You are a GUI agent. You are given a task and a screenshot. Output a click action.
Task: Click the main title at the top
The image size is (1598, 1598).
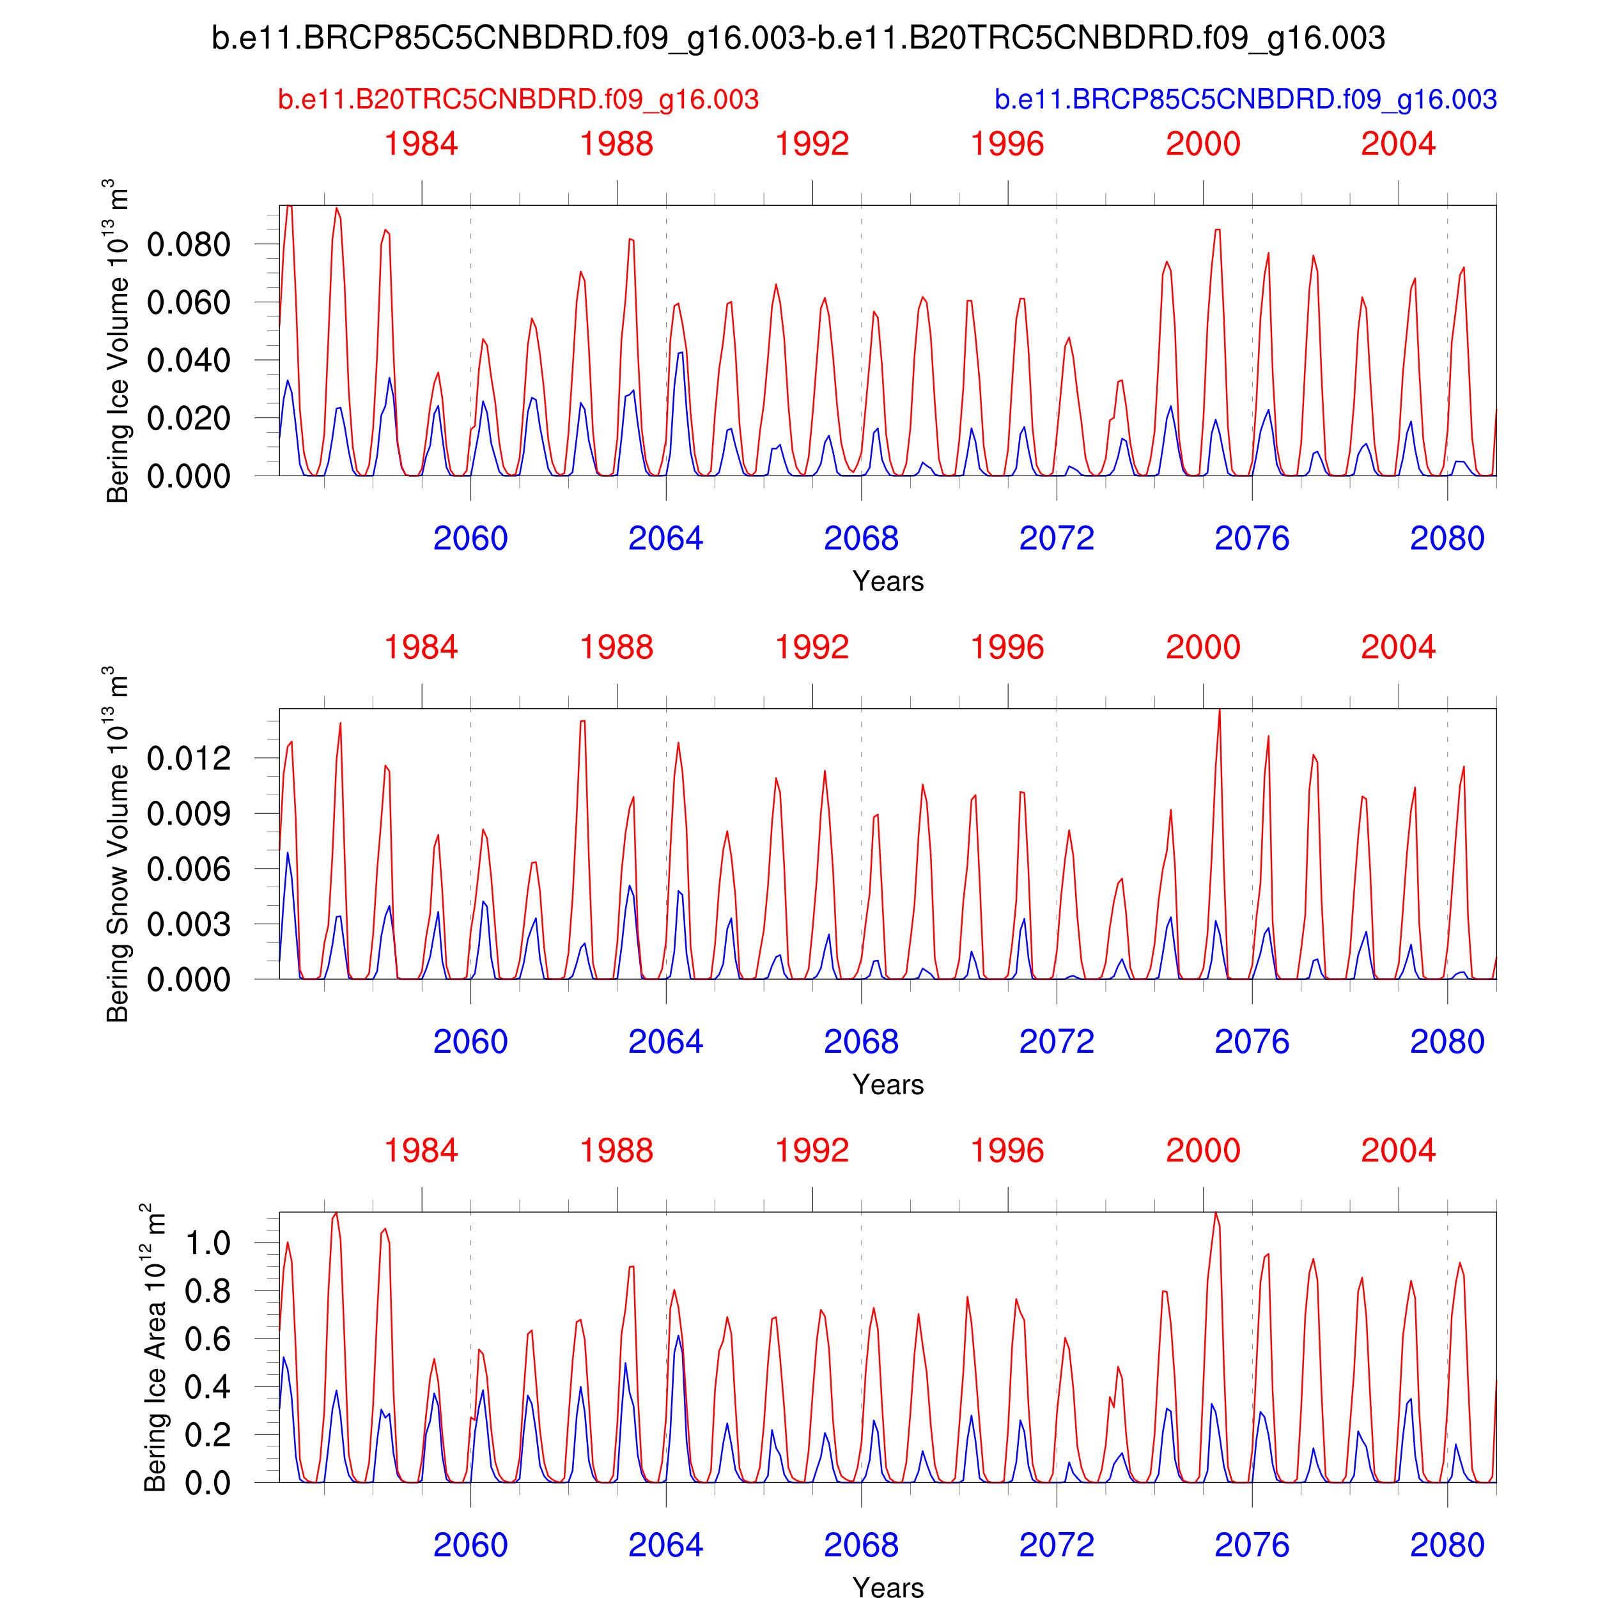coord(798,38)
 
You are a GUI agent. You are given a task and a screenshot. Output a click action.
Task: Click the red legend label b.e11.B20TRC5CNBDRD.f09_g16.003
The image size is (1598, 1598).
coord(518,99)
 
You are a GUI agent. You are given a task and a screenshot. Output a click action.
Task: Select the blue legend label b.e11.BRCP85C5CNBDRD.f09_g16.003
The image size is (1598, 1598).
coord(1245,99)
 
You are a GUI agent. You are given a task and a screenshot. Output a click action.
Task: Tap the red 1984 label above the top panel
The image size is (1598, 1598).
coord(421,144)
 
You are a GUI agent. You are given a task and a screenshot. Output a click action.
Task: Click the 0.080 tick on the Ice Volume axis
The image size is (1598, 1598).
coord(189,245)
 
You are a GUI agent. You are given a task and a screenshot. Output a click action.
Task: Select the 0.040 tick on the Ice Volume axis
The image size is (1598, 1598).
coord(189,361)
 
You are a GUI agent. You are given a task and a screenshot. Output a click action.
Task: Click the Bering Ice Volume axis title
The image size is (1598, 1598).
coord(116,341)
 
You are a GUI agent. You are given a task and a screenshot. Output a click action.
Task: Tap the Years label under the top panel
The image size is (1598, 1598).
coord(887,582)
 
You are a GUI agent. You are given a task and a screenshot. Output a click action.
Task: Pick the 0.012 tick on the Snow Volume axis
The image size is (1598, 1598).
coord(189,757)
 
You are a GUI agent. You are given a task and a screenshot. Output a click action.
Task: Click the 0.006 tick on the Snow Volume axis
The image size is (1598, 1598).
coord(189,869)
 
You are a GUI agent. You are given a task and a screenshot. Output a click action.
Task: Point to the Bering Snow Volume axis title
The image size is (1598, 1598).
coord(116,844)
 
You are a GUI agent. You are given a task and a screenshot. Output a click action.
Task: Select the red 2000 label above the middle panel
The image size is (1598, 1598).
coord(1202,647)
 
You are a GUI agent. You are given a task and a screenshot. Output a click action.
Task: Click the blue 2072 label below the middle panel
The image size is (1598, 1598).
coord(1056,1041)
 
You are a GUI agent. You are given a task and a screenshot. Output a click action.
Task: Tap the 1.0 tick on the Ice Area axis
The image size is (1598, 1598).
coord(206,1243)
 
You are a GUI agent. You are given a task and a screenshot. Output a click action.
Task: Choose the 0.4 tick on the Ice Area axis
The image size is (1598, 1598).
coord(206,1387)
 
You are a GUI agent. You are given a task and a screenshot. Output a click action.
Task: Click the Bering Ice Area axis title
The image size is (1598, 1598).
coord(154,1347)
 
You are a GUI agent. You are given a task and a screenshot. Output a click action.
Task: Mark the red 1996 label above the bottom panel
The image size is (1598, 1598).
coord(1007,1151)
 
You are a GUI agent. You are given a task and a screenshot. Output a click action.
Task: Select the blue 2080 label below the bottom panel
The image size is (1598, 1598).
coord(1447,1545)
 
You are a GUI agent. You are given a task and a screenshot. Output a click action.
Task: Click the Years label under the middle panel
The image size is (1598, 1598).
coord(887,1084)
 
